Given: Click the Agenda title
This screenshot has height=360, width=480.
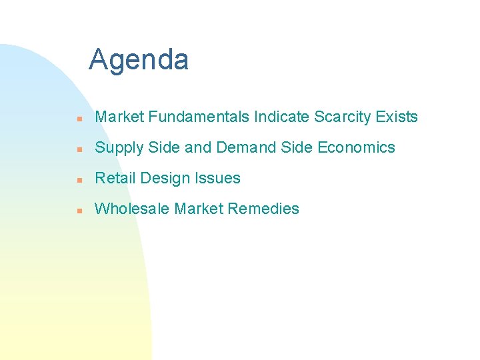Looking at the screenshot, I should pos(139,59).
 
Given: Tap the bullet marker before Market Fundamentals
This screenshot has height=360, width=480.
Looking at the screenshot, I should pos(79,118).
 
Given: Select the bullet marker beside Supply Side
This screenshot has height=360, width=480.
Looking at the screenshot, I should pos(79,149).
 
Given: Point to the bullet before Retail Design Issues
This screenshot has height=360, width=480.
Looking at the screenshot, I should pos(79,179).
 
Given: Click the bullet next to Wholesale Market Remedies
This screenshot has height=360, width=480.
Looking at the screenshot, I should pos(79,210).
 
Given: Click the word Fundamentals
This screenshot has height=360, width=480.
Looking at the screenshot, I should pos(199,117).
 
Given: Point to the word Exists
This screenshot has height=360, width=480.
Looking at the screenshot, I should pos(397,117).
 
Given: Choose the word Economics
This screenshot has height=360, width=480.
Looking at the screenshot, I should pos(357,147).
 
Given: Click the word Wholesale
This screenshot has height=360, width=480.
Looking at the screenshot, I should pos(132,209).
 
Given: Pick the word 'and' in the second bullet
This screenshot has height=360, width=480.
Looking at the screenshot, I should pos(197,147).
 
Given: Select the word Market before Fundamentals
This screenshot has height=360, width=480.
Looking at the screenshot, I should pos(119,117).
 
